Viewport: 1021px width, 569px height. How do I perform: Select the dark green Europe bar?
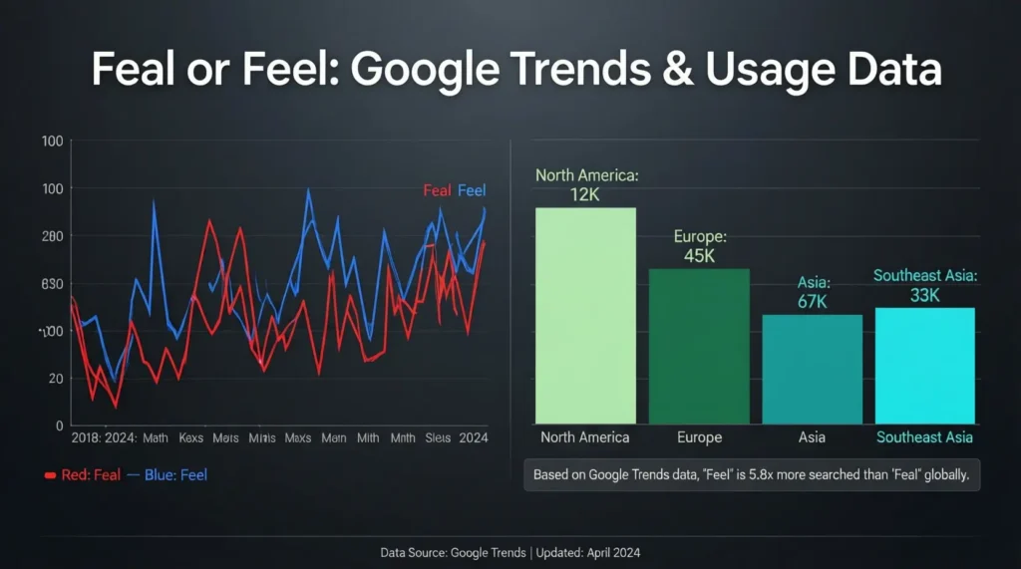tap(699, 346)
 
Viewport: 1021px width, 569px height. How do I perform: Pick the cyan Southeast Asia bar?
tap(924, 366)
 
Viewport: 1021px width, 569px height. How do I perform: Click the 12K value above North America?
tap(585, 194)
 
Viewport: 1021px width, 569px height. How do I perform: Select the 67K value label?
tap(813, 302)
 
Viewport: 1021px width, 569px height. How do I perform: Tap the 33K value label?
tap(925, 295)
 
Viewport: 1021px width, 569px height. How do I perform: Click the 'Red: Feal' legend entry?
tap(85, 475)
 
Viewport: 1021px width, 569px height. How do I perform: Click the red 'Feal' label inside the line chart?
tap(437, 190)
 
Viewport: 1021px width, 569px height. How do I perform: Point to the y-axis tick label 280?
tap(52, 236)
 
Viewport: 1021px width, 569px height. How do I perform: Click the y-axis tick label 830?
tap(52, 284)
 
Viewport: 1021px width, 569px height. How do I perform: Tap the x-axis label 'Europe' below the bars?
tap(698, 436)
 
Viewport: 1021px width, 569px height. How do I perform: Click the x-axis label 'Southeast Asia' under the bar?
tap(924, 436)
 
